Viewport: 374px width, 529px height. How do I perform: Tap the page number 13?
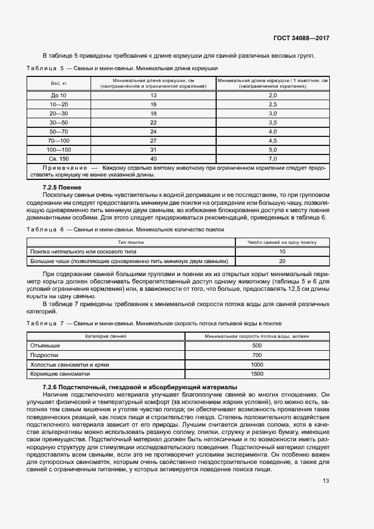325,481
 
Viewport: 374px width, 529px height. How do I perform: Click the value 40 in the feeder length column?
153,158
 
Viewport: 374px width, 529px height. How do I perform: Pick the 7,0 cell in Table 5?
272,158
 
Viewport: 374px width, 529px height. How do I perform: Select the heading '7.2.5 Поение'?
62,187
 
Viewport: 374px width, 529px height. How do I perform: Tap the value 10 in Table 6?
282,251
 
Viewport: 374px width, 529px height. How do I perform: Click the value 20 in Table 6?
282,261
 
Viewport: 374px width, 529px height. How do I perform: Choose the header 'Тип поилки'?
130,242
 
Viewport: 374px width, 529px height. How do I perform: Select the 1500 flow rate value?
257,374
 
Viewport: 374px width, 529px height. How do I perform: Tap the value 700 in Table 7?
257,355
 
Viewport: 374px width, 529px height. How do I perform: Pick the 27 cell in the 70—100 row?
153,140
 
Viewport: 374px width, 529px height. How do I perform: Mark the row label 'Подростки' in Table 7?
44,355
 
